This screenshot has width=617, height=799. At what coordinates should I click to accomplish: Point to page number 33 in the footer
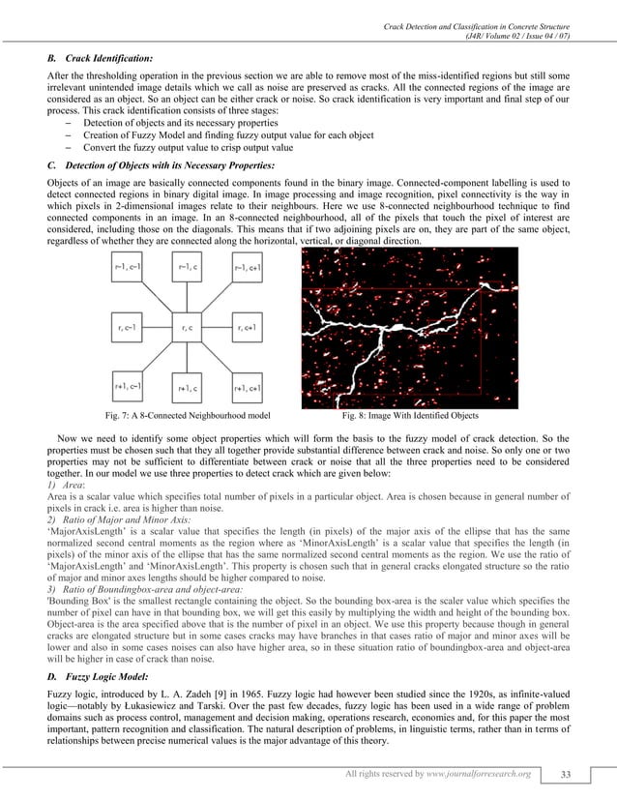(578, 774)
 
